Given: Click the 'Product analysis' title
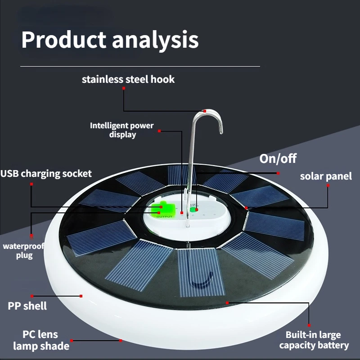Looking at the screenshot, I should pos(110,40).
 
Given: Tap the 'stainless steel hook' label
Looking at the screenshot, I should pos(128,80).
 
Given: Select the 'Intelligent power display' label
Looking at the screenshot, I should pos(122,130).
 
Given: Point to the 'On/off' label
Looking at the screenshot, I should pos(278,158).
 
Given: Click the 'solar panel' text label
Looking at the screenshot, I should pos(326,176).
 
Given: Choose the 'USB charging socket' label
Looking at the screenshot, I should pos(46,173).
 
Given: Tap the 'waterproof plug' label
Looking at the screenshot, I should pos(18,251).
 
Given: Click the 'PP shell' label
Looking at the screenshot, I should pos(27,306).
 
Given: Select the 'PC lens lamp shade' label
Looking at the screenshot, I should pos(41,340).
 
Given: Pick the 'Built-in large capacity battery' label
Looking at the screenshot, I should pos(314,340).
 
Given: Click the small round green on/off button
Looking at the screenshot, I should pos(193,210).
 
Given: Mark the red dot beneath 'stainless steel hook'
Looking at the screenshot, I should pos(124,88).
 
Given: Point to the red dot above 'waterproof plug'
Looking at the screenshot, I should pos(31,235).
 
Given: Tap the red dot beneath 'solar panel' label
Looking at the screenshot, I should pos(328,185).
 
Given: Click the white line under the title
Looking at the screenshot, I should pos(140,66).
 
